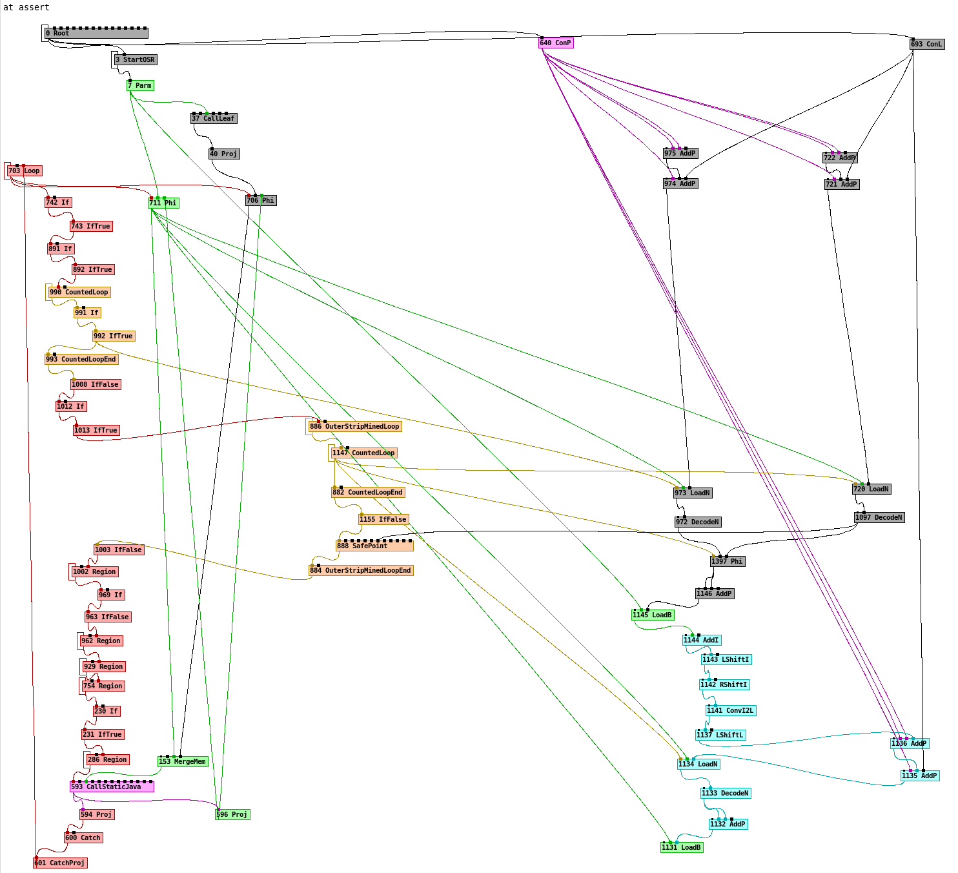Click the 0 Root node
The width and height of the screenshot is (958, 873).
click(96, 33)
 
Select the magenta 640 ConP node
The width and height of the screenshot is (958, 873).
click(556, 43)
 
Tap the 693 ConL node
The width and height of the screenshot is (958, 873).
click(927, 44)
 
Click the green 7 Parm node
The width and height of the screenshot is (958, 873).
click(140, 85)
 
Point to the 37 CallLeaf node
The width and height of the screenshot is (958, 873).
click(214, 118)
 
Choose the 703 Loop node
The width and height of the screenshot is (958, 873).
click(25, 171)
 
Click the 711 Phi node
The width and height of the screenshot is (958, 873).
click(163, 203)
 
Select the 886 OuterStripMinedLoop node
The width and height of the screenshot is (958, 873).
click(355, 426)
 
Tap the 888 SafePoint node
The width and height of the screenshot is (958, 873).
click(374, 546)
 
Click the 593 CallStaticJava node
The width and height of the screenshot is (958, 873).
click(112, 786)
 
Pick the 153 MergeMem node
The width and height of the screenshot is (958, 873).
click(183, 761)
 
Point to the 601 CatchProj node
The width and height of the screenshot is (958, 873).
click(59, 863)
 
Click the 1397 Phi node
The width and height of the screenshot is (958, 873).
click(728, 561)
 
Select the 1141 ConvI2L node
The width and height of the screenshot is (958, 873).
click(730, 710)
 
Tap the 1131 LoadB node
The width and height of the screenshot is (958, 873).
click(682, 847)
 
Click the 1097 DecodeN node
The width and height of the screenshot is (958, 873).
click(879, 517)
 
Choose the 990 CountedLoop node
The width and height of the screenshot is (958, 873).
click(79, 292)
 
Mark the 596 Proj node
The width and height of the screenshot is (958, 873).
click(232, 814)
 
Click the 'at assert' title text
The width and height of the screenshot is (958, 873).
click(26, 7)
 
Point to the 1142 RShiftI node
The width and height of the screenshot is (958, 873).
click(724, 684)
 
